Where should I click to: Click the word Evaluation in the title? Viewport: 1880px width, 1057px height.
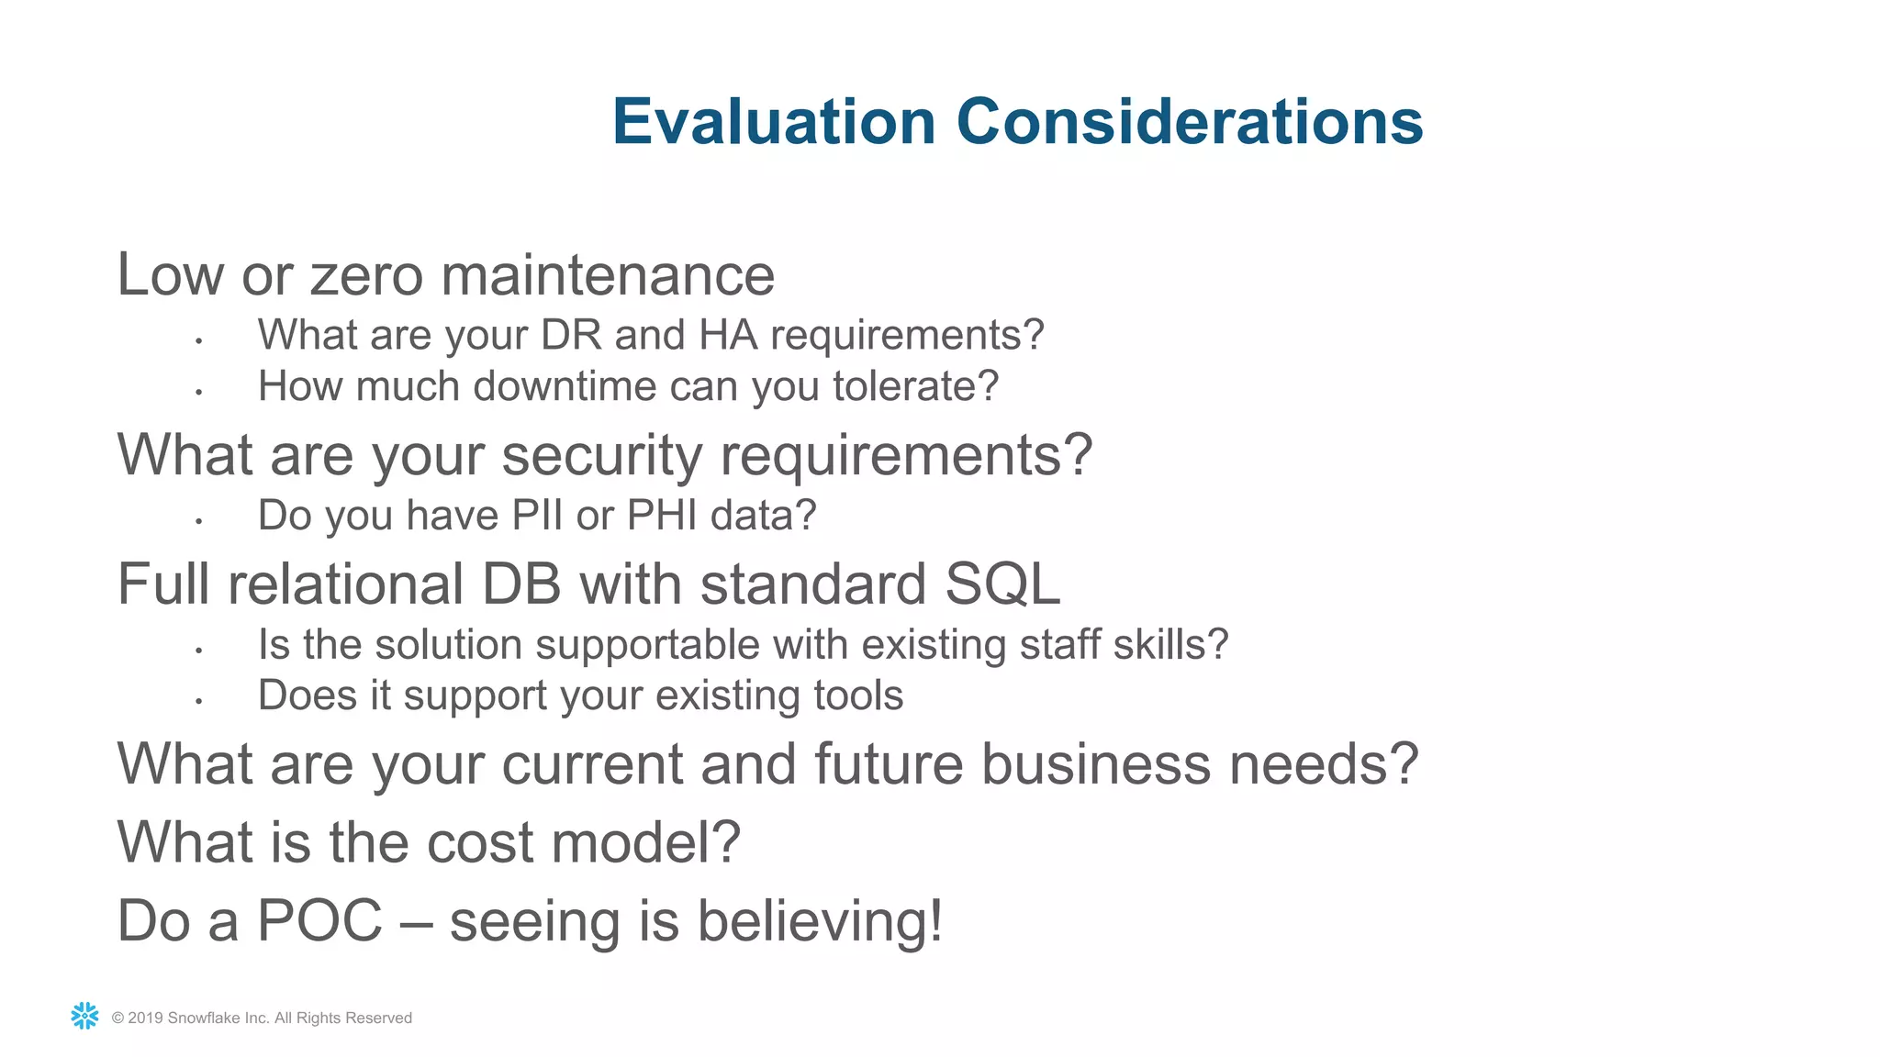point(774,122)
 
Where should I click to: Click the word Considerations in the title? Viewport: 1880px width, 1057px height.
point(1190,122)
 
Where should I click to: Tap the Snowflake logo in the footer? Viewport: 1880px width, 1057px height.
point(84,1016)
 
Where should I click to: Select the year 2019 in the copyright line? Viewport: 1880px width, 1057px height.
point(145,1018)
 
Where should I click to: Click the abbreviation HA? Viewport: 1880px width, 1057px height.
point(728,335)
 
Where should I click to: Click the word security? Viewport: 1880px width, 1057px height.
point(601,455)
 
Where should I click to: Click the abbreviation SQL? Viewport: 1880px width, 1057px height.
point(1002,584)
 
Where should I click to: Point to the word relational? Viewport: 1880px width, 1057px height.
point(345,584)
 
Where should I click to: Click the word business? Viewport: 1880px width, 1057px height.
point(1096,764)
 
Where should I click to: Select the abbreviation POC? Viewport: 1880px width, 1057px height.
point(319,920)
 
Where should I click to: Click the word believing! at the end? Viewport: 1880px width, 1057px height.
point(820,920)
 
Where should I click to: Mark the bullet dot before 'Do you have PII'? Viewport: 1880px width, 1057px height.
point(198,521)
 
